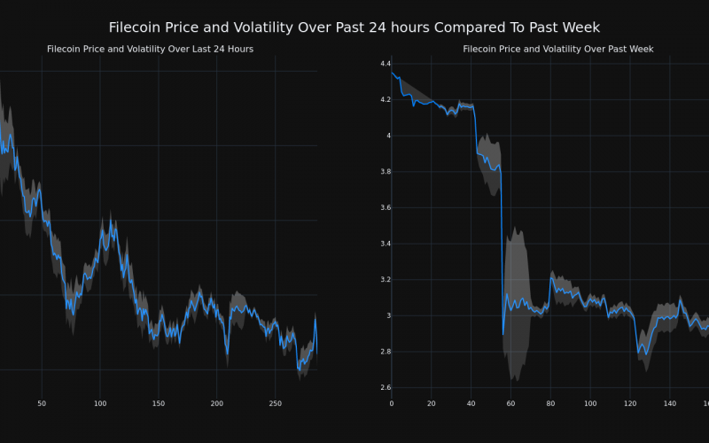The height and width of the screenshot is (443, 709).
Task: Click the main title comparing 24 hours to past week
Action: [x=354, y=27]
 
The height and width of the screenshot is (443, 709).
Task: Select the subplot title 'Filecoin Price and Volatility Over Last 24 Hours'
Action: [x=150, y=49]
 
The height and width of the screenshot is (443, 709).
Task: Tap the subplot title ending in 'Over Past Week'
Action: [x=557, y=49]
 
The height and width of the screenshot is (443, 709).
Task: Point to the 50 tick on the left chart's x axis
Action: [x=42, y=404]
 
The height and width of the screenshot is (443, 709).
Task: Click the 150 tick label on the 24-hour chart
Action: [x=158, y=404]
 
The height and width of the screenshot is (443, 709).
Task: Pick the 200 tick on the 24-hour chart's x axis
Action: [x=217, y=404]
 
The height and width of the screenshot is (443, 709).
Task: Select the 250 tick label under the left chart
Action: [x=276, y=404]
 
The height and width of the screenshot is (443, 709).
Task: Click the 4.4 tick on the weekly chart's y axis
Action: [x=385, y=64]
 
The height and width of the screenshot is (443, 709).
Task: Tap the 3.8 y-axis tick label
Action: [x=385, y=172]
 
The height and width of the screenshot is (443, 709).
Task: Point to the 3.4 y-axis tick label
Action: [x=385, y=244]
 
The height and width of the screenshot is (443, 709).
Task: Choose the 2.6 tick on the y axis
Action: [x=385, y=387]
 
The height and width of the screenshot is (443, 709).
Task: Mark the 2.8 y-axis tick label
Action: [x=385, y=352]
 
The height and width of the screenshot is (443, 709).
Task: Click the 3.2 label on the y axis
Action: [x=385, y=280]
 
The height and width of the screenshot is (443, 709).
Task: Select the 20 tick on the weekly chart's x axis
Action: [x=432, y=404]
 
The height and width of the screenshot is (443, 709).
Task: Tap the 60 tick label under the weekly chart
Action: [x=511, y=404]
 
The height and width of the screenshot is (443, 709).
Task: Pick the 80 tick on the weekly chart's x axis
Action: [x=551, y=404]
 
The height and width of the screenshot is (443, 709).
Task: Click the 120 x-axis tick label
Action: [x=630, y=404]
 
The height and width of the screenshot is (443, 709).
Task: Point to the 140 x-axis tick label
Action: [x=670, y=404]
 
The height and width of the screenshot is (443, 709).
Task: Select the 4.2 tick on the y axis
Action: [x=385, y=100]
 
